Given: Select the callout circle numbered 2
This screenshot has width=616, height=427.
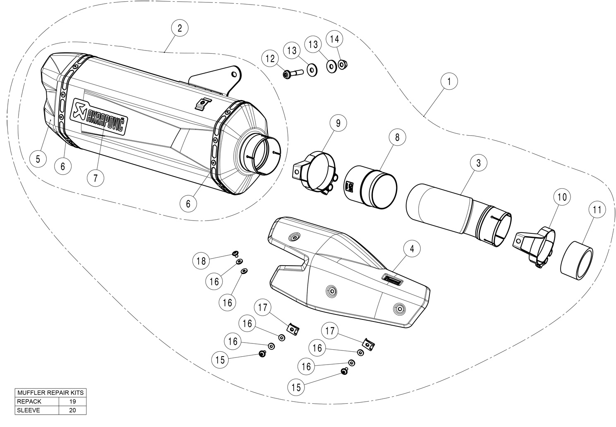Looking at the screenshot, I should pyautogui.click(x=180, y=28).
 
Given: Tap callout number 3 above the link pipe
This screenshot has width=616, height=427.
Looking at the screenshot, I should pyautogui.click(x=478, y=163).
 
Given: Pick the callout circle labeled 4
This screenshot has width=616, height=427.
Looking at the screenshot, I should pyautogui.click(x=412, y=249).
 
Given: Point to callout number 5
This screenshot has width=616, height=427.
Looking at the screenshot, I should pyautogui.click(x=38, y=158).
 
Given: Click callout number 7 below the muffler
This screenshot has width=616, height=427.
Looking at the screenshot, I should pyautogui.click(x=96, y=178).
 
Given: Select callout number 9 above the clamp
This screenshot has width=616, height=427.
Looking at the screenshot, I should pyautogui.click(x=338, y=123).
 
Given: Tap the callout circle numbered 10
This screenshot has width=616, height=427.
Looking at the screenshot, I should pyautogui.click(x=562, y=197).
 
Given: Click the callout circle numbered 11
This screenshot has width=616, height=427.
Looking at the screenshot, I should pyautogui.click(x=597, y=210).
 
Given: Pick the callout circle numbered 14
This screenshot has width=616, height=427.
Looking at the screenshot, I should pyautogui.click(x=335, y=39).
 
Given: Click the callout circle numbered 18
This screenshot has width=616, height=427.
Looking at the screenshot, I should pyautogui.click(x=201, y=261).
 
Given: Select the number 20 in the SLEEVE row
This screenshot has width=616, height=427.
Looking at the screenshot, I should pyautogui.click(x=72, y=410).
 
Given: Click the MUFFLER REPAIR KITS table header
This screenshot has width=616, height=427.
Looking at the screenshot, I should pyautogui.click(x=50, y=392).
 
